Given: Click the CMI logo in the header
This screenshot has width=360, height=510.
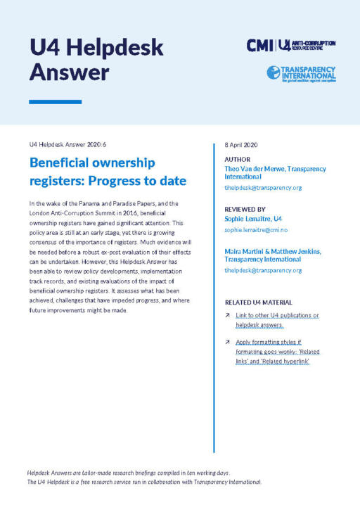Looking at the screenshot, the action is [x=259, y=45].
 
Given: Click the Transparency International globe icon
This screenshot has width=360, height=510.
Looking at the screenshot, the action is [x=273, y=72].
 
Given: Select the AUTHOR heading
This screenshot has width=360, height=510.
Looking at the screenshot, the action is [x=237, y=160].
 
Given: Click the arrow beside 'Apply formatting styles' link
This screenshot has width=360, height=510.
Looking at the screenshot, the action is [x=228, y=342].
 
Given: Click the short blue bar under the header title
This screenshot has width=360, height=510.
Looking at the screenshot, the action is [x=46, y=102].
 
